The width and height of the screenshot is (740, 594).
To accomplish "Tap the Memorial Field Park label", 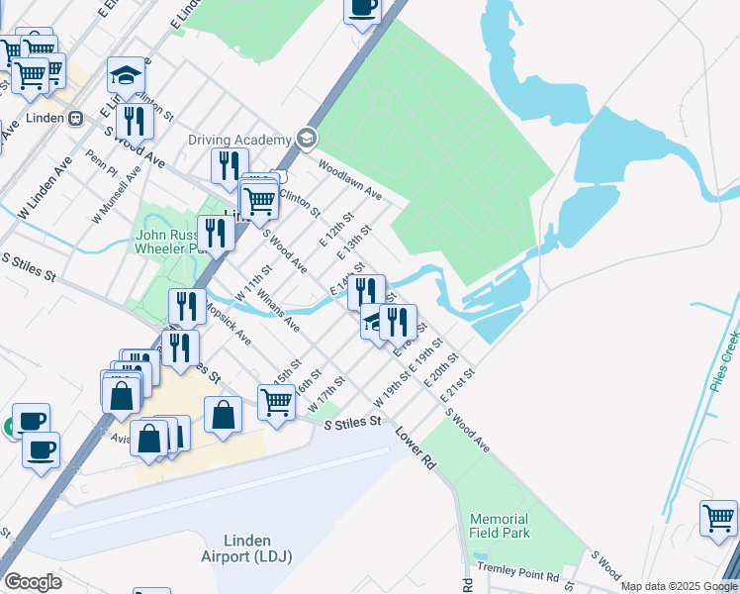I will click(500, 526).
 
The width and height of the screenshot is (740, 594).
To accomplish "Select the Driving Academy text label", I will click(240, 140).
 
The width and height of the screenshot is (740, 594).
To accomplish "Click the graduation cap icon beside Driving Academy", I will click(306, 139).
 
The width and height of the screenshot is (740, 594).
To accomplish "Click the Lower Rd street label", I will click(414, 448).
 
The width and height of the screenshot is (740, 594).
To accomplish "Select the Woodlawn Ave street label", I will click(349, 180).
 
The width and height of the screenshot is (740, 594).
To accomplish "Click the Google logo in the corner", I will click(33, 582).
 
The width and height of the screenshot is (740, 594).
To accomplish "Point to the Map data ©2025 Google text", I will click(678, 586).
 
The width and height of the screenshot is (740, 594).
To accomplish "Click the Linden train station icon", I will click(76, 117).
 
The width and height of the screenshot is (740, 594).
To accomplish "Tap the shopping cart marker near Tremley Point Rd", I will click(718, 519).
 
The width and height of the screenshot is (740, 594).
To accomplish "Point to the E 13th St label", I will click(354, 243).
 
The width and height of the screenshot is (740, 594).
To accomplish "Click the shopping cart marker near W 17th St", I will click(276, 402).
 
